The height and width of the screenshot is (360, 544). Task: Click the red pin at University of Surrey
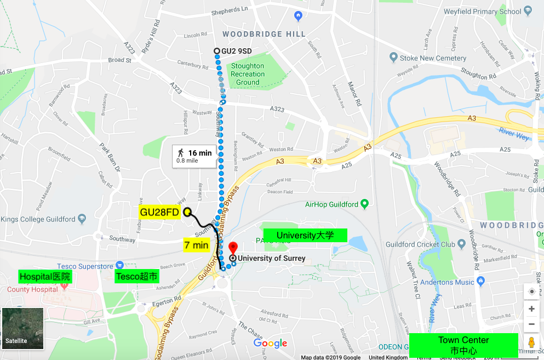(x=233, y=248)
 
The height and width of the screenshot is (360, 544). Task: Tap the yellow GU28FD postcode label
(x=159, y=212)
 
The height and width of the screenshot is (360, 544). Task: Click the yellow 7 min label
(x=196, y=245)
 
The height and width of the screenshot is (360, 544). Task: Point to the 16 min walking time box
(x=194, y=156)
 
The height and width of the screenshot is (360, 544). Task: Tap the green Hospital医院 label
(x=45, y=276)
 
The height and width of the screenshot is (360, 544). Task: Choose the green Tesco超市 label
(x=137, y=277)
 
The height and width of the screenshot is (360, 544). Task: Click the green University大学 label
(x=305, y=236)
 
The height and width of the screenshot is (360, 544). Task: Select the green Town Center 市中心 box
(x=463, y=345)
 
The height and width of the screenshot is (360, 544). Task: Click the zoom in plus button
(x=531, y=309)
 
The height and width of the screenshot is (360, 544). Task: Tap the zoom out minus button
(x=531, y=324)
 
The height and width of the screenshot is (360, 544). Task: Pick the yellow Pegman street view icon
(x=531, y=343)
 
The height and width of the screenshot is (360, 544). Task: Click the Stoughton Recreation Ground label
(x=248, y=74)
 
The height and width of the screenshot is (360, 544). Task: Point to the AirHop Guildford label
(x=331, y=204)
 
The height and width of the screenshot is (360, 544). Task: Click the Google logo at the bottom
(x=270, y=344)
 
